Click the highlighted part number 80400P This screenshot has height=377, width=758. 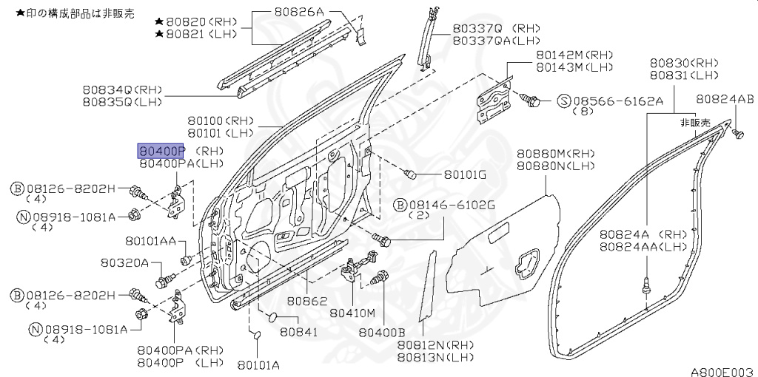point(161,151)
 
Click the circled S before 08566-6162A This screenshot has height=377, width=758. point(563,100)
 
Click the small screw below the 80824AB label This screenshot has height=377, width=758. point(738,134)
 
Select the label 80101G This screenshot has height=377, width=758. point(465,175)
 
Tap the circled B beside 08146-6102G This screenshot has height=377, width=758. point(399,204)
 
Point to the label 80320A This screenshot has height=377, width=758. point(125,262)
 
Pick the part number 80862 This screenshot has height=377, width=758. point(307,302)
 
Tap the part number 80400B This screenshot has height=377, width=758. point(382,333)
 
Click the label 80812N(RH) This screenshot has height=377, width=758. point(435,345)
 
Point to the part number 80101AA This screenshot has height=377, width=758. point(150,241)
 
